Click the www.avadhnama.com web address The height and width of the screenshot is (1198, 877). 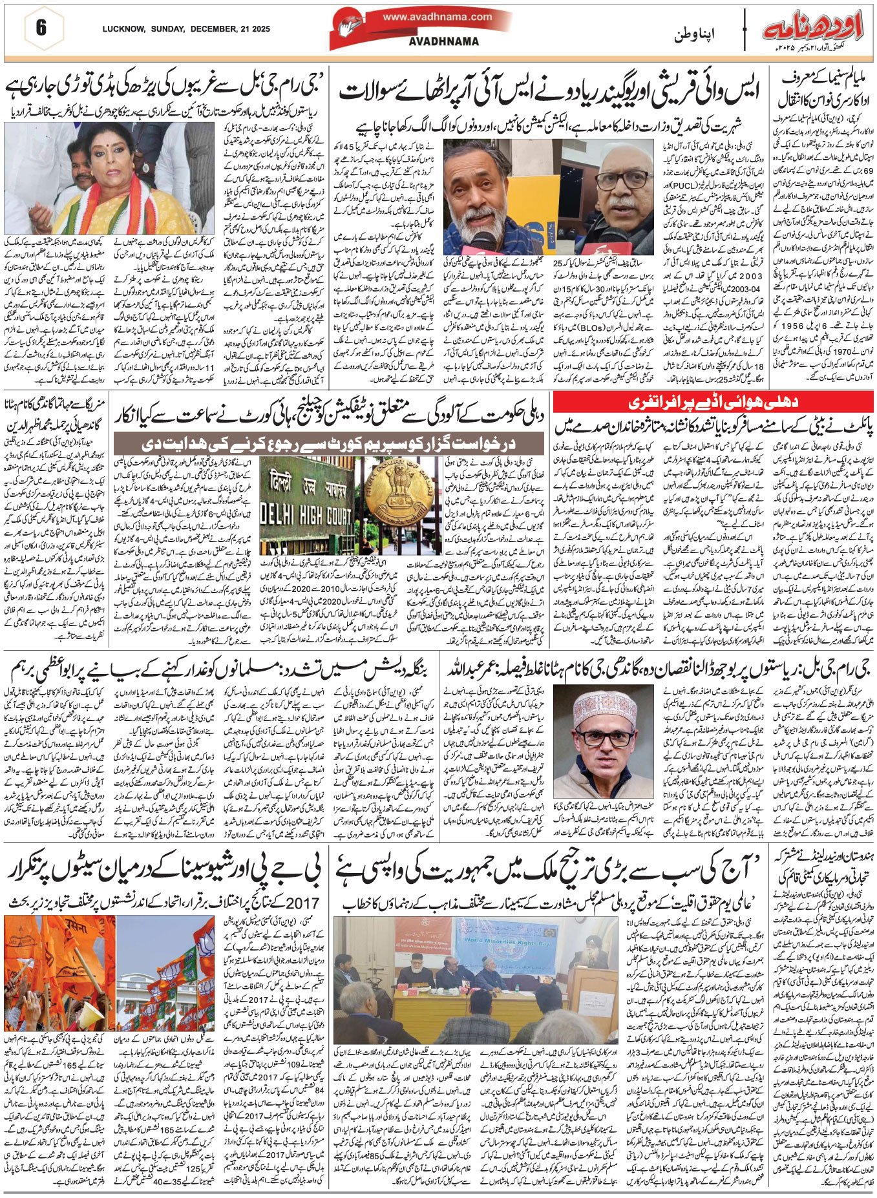[436, 17]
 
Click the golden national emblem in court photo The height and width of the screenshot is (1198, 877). [377, 497]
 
